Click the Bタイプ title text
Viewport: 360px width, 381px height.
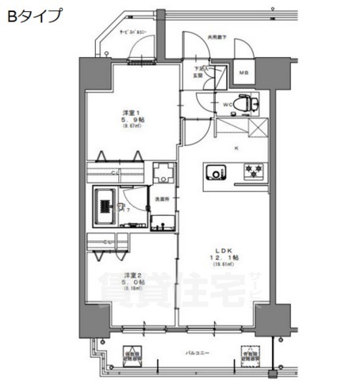click(x=33, y=17)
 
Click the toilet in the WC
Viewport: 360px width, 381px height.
click(x=248, y=103)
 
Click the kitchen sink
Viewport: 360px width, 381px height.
click(x=216, y=171)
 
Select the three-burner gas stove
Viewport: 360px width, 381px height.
click(x=255, y=171)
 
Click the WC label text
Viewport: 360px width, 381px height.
click(x=226, y=104)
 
